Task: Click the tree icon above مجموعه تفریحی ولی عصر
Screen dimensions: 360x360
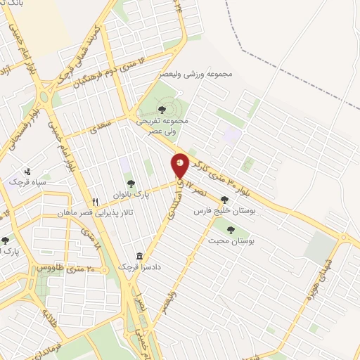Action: [162, 109]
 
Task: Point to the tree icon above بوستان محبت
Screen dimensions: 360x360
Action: [231, 229]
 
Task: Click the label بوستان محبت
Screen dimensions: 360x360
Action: [231, 241]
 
